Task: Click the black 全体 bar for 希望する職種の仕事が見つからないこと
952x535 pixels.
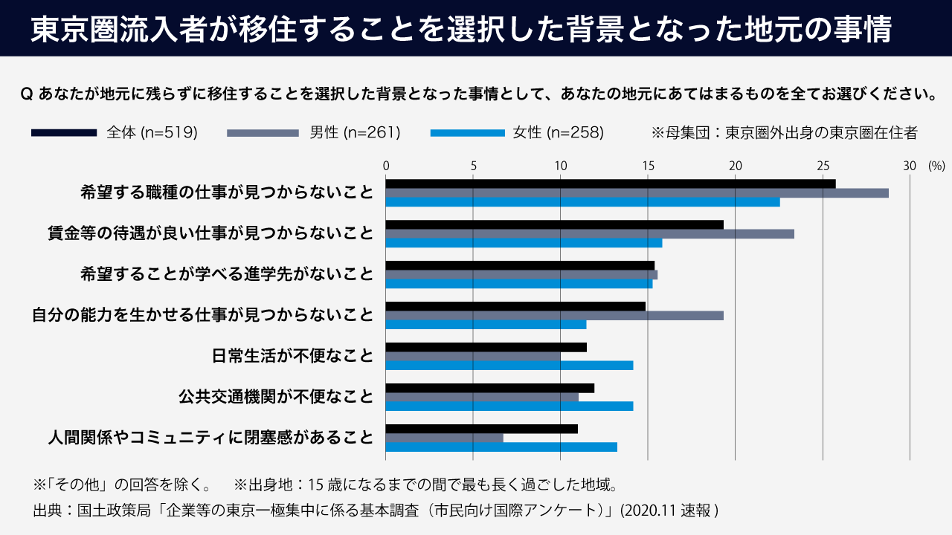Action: [x=610, y=184]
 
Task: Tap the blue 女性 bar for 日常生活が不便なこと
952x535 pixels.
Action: [x=509, y=365]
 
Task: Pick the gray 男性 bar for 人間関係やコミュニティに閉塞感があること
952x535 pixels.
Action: [x=445, y=438]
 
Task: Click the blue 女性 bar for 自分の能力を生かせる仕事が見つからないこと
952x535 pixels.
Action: [x=486, y=324]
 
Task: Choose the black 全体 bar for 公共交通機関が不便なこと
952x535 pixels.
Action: [x=490, y=388]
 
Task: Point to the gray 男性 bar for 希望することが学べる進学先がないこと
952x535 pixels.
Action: [x=521, y=274]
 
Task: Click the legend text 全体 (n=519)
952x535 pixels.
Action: [x=152, y=133]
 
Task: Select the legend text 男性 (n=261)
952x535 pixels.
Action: [x=355, y=133]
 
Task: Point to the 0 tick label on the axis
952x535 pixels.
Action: [x=386, y=166]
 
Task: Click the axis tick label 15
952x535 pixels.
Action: [x=648, y=166]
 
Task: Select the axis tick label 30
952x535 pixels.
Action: [x=910, y=166]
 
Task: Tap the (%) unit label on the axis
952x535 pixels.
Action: [x=936, y=166]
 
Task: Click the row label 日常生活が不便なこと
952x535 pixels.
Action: [x=292, y=356]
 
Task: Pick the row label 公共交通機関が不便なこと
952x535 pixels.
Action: [x=276, y=397]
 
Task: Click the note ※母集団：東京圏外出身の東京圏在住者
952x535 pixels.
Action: [x=785, y=133]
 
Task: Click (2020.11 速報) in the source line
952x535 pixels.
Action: [x=669, y=510]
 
